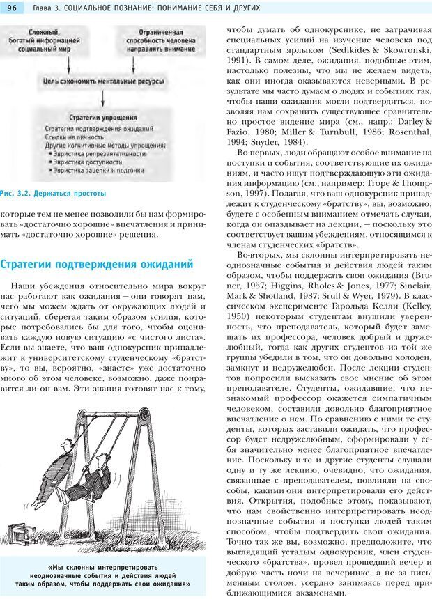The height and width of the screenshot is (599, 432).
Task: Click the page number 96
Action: point(12,8)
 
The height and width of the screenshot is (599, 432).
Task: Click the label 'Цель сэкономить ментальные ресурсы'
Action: point(103,81)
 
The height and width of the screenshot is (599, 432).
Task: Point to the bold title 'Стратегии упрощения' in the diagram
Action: point(103,118)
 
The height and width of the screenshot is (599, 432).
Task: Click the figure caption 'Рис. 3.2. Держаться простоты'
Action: point(54,192)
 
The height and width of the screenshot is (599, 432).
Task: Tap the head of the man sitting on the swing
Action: point(104,458)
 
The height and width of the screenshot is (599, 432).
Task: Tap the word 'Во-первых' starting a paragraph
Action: point(259,153)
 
